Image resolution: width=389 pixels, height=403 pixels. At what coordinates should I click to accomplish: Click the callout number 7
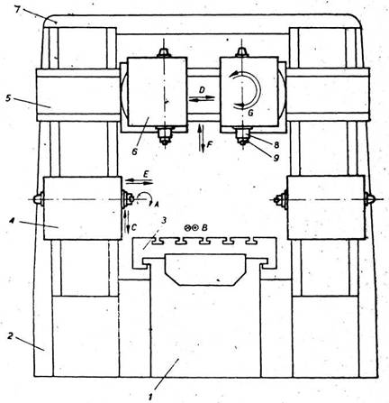point(17,9)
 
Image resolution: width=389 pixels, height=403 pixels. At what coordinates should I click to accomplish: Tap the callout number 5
point(8,98)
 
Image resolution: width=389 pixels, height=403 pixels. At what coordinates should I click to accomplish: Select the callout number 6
point(134,151)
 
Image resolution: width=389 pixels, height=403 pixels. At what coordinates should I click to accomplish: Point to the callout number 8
point(276,145)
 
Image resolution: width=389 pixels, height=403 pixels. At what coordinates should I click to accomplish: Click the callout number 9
point(276,158)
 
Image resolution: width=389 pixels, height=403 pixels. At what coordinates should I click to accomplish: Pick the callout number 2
point(10,336)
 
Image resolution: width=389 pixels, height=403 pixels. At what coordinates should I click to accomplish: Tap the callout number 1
point(152,397)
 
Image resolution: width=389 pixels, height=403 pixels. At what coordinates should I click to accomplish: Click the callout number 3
point(164,221)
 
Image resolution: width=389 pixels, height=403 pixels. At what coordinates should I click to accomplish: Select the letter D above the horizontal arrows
point(202,90)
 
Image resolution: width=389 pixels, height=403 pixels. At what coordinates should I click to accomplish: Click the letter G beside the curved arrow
point(250,114)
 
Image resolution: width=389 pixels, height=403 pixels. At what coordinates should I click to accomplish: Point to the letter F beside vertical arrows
point(209,145)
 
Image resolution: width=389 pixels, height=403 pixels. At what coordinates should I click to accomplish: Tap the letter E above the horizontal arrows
point(146,174)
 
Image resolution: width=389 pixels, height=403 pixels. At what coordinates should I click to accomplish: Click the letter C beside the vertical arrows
point(133,228)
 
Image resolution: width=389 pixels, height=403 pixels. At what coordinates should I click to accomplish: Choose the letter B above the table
point(204,228)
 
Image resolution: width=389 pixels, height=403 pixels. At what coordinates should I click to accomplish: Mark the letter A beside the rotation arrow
point(156,205)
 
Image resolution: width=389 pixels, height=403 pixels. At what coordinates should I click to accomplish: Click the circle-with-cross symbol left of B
point(188,228)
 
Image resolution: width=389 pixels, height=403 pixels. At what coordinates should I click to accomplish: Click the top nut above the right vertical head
point(241,52)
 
